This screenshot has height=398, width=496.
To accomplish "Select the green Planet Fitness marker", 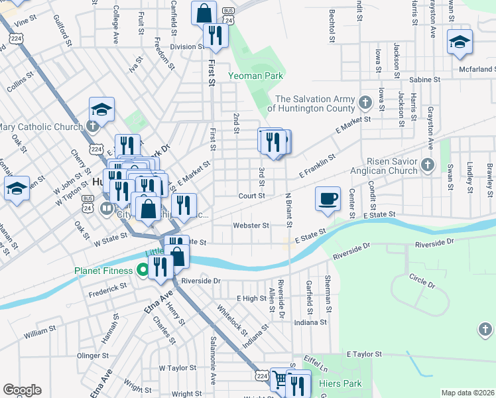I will click(x=141, y=270).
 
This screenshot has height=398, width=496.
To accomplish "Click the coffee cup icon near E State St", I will click(x=329, y=199).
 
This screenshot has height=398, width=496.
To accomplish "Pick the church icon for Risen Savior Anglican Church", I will click(x=428, y=164).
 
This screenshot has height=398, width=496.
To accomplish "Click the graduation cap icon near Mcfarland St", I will click(x=460, y=43).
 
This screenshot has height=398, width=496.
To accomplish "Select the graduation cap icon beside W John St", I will click(x=17, y=189).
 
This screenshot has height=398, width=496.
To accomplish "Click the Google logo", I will click(x=22, y=390).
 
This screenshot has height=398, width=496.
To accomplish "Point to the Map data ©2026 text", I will click(x=467, y=393).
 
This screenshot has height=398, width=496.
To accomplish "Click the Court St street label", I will click(x=252, y=196).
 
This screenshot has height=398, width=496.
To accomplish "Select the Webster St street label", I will click(x=251, y=226).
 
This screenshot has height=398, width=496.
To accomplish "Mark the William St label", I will click(x=40, y=330).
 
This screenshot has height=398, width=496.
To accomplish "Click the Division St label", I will click(x=187, y=47).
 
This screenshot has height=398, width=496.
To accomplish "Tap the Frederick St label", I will click(x=107, y=288).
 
